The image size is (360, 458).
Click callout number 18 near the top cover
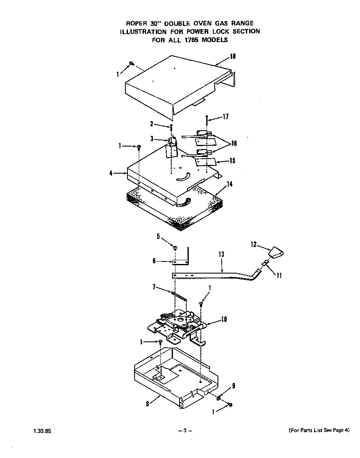point(233,57)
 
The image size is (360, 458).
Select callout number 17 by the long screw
point(225,117)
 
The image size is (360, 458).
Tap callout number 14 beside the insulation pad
point(229,184)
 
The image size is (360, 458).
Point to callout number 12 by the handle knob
point(253,245)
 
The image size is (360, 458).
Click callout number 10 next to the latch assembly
point(223,319)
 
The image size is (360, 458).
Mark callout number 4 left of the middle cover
point(111,173)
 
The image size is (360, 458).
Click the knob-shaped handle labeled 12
point(276,252)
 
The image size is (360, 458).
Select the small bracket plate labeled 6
point(180,262)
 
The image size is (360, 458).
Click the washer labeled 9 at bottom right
point(219,398)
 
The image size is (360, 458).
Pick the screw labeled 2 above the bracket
point(170,127)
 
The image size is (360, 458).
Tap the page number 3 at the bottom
point(184,431)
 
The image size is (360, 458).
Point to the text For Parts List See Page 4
point(319,430)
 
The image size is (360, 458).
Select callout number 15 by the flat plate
point(232,161)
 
